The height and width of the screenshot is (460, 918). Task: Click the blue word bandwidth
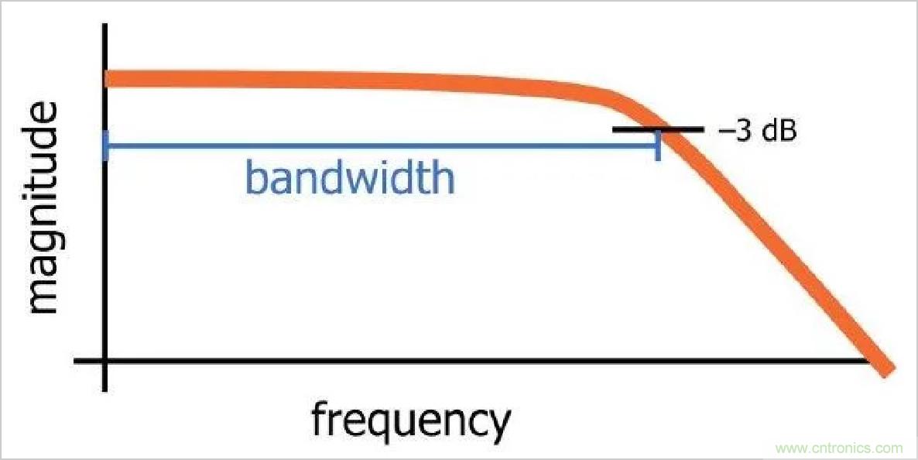click(349, 177)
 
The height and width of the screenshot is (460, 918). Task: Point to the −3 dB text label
click(757, 131)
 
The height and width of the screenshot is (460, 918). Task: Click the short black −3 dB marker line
click(658, 129)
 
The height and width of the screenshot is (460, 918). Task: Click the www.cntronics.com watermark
click(839, 448)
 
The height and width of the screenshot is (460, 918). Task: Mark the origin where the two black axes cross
click(105, 362)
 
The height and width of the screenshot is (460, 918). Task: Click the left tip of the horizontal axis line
click(76, 362)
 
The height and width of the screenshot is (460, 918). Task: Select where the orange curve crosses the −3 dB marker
click(670, 129)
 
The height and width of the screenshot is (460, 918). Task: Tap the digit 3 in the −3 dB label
click(742, 131)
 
